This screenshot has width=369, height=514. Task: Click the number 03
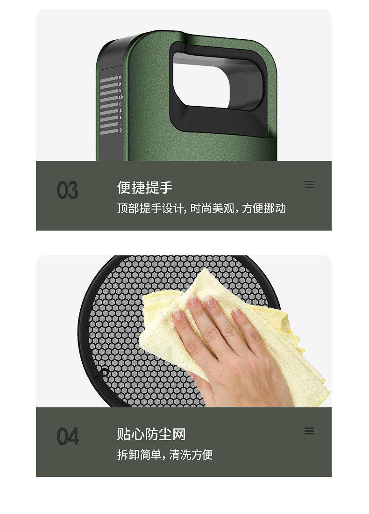coord(68,190)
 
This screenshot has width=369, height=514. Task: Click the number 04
coord(68,436)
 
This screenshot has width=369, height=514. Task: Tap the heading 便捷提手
coord(145,188)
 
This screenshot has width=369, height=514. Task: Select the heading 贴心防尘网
coord(151,434)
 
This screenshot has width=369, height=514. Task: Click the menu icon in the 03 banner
coord(309,184)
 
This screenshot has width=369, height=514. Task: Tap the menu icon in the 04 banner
coord(309,431)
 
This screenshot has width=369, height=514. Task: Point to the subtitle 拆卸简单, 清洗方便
coord(165,455)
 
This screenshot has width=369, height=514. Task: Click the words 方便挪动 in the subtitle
coord(264,208)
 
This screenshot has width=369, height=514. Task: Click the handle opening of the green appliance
coord(202,84)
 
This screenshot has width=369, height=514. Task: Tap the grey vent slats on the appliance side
coord(109,105)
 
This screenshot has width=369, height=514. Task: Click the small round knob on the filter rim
coord(105,372)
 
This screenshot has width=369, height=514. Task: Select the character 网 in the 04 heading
coord(179,434)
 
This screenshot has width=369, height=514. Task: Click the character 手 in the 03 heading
coord(166,188)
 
